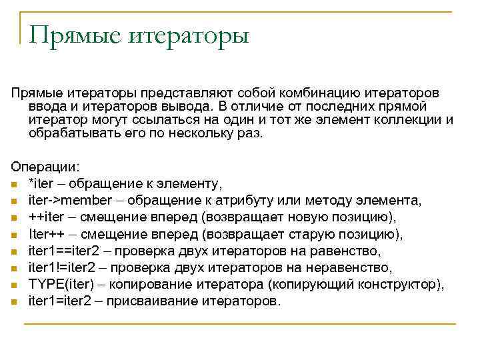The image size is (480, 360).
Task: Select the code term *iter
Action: click(42, 184)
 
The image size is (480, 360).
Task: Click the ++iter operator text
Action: click(46, 217)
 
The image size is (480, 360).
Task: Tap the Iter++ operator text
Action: click(46, 234)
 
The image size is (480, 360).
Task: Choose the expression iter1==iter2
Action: click(64, 251)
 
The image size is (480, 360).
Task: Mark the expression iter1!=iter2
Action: click(63, 267)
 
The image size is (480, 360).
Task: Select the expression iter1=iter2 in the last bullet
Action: click(60, 301)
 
